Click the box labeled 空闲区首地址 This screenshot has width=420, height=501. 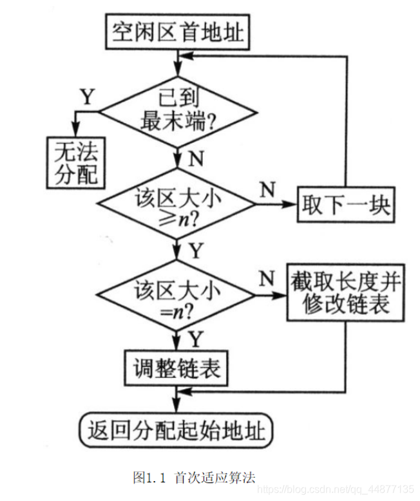176,30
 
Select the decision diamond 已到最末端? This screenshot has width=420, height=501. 176,111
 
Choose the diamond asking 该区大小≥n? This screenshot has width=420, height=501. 176,205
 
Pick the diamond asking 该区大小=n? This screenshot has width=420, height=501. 176,296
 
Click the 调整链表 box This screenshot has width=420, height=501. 177,368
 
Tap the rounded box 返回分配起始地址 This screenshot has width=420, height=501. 176,430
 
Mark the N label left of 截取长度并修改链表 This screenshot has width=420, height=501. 264,278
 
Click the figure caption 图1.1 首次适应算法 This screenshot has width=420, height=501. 193,477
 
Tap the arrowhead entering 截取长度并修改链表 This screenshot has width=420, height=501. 282,296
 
